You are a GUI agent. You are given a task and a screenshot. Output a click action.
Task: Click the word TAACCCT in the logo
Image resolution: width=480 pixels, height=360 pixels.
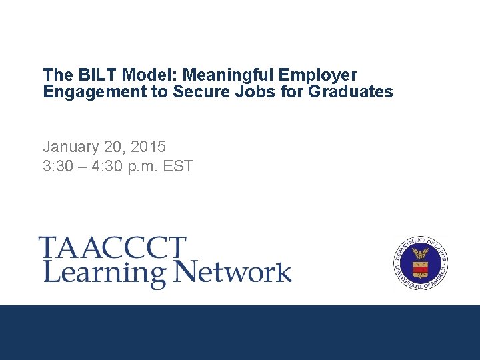111,248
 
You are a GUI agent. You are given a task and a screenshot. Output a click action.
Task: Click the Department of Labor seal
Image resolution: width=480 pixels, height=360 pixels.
421,263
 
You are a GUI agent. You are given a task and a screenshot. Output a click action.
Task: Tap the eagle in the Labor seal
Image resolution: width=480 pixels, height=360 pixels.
421,253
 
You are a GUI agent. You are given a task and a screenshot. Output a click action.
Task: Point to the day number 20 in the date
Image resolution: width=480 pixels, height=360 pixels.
112,146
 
